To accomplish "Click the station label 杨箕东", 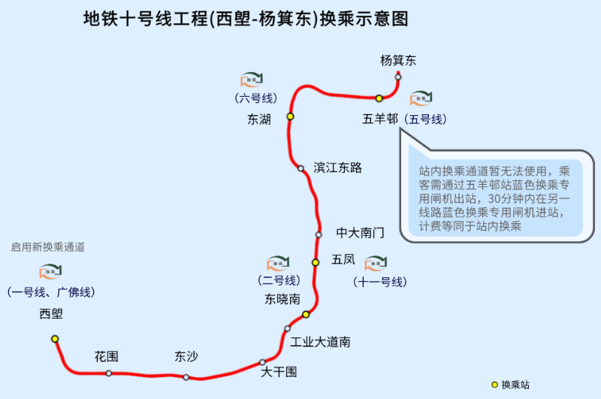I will pos(398,61).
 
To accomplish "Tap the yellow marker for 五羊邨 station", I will pos(379,98).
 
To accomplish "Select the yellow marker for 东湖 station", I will pos(290,116).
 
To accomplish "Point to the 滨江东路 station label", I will pos(338,168).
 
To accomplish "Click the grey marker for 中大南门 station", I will pos(319,234).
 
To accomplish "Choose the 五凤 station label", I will pos(343,260).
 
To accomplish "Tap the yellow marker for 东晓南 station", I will pos(306,314).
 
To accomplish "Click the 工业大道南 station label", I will pos(321,342).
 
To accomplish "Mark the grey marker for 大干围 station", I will pos(262,362).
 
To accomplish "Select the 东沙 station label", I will pos(186,356).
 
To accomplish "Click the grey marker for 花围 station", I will pos(109,373).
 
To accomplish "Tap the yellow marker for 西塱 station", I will pos(55,339).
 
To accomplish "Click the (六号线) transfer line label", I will pos(255,98).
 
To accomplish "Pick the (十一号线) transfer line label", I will pos(379,283).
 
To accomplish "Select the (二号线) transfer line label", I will pos(276,281).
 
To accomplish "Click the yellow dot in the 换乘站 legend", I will pos(494,384).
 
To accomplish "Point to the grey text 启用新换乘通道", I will pos(47,247).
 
